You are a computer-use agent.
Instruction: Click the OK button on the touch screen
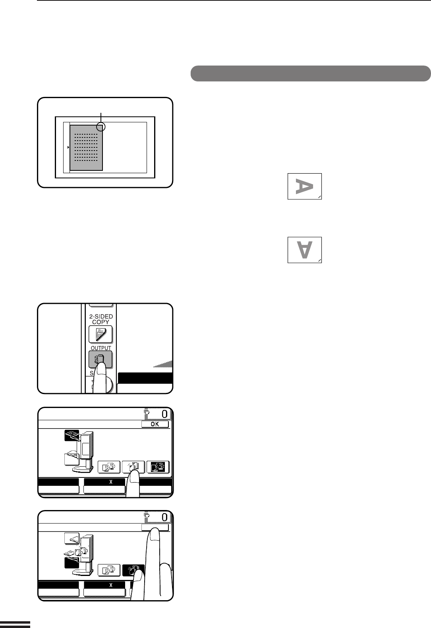(x=155, y=424)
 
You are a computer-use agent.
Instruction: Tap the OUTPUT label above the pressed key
(x=101, y=348)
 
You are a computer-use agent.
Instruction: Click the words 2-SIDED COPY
(x=101, y=319)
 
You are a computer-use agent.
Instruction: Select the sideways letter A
(x=304, y=186)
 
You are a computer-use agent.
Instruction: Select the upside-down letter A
(x=305, y=250)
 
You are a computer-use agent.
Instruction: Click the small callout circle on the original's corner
(x=101, y=127)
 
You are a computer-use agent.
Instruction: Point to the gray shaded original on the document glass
(x=86, y=148)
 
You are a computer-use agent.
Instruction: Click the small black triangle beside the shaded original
(x=68, y=147)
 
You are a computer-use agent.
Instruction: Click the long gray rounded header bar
(x=310, y=73)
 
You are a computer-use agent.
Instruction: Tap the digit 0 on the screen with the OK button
(x=164, y=414)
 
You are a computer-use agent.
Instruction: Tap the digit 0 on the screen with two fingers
(x=164, y=517)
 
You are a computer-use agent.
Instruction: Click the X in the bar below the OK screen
(x=111, y=482)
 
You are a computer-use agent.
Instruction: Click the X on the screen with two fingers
(x=111, y=585)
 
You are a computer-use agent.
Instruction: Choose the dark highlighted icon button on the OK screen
(x=158, y=467)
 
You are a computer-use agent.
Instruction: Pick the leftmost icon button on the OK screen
(x=109, y=467)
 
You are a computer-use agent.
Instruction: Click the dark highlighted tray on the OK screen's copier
(x=72, y=435)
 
